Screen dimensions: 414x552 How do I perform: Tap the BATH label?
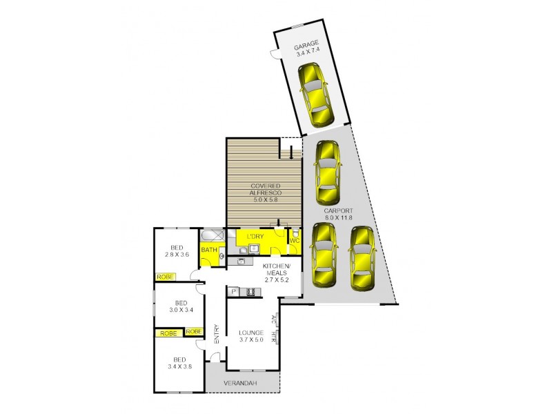click(x=208, y=249)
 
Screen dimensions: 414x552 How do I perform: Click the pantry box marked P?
click(x=234, y=292)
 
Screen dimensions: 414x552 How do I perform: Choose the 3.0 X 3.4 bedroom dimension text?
click(x=181, y=310)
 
